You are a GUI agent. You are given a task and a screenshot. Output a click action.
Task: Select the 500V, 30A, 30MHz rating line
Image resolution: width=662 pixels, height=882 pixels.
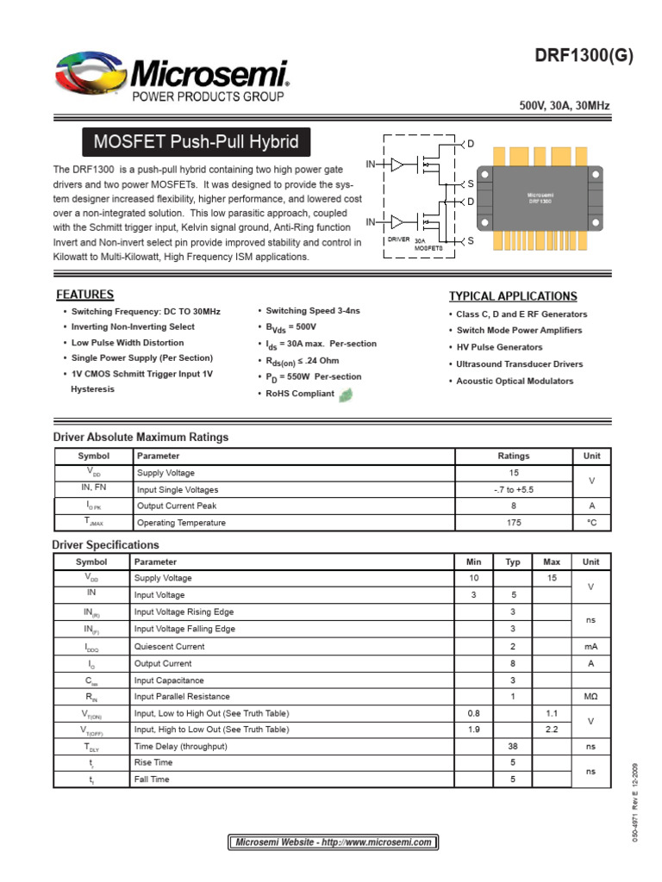coord(565,106)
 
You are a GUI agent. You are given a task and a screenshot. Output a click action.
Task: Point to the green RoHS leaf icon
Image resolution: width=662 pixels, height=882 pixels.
coord(347,394)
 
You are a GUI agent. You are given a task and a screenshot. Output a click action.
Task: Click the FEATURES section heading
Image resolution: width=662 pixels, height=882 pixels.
coord(84,295)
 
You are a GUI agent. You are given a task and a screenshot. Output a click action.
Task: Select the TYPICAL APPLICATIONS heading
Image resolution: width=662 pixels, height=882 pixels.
coord(513,296)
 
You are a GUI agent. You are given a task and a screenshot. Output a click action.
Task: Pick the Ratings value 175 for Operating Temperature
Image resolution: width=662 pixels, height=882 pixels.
coord(514,523)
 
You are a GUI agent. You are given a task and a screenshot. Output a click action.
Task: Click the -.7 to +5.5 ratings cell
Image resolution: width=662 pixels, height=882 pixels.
coord(514,489)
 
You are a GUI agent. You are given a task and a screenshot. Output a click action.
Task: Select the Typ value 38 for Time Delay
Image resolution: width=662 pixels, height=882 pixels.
coord(512,747)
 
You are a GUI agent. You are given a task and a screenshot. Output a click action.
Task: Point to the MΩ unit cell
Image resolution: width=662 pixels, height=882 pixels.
coord(590,697)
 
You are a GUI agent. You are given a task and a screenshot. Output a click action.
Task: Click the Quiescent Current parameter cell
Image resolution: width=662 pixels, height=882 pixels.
coord(170,647)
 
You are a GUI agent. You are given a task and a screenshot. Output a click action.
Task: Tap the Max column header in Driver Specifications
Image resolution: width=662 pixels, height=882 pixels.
coord(552,562)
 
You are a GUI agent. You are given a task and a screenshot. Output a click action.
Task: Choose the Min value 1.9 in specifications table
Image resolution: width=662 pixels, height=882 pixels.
coord(473,730)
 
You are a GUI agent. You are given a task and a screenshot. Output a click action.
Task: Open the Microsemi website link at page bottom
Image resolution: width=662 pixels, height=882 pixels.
coord(333,842)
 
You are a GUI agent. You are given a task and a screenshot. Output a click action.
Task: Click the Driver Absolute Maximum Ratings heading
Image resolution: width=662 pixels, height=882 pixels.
coord(141,438)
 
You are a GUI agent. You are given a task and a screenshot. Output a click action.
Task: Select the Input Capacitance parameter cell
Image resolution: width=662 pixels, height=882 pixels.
coord(170,680)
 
